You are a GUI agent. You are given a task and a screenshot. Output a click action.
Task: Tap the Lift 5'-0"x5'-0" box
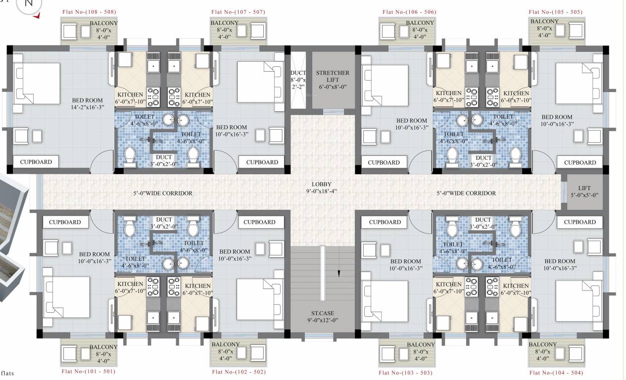[584, 191]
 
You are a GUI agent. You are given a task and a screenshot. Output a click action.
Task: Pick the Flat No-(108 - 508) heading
[90, 12]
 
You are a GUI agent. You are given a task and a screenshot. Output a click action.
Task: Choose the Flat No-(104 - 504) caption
[556, 372]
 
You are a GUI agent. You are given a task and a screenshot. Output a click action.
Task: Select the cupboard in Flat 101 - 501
[65, 222]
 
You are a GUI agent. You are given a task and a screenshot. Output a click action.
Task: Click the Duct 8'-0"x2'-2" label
[298, 79]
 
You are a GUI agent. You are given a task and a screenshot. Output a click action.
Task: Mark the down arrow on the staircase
[338, 273]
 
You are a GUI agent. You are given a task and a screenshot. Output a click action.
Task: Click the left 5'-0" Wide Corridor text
[162, 193]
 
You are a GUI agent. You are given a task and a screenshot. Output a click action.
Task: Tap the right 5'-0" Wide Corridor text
[466, 193]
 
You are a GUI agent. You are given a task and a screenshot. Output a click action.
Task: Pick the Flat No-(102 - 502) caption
[239, 372]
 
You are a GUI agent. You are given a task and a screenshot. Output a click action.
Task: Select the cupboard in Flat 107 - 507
[262, 162]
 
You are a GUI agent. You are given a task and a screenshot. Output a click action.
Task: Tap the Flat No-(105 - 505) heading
[556, 12]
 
